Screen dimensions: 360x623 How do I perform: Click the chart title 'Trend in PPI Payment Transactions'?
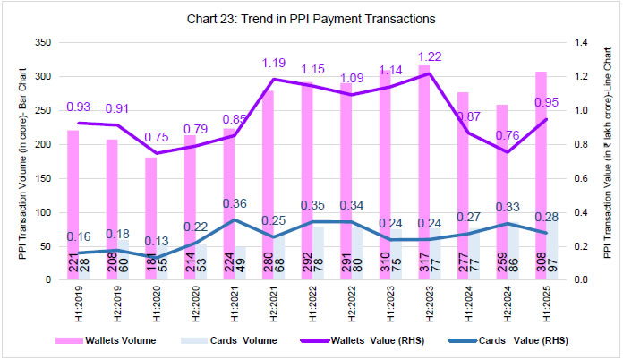click(311, 18)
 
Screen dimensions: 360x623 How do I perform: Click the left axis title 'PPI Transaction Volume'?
click(21, 161)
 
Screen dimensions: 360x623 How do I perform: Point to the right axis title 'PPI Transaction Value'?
click(607, 161)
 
